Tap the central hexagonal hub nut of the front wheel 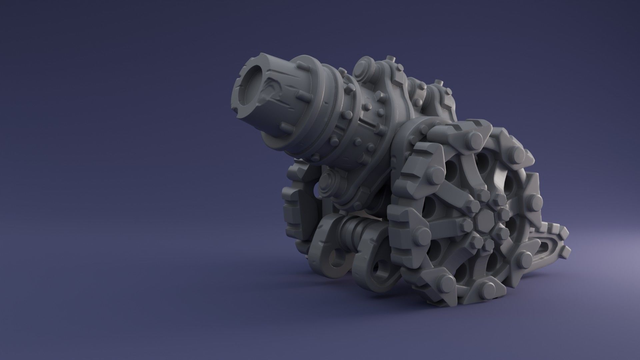483,218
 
